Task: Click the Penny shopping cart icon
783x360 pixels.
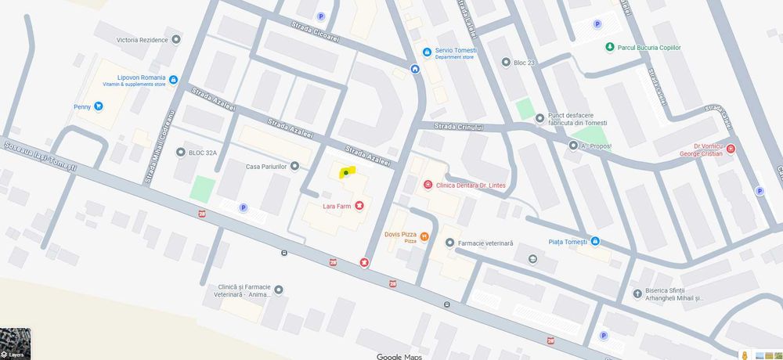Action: point(99,106)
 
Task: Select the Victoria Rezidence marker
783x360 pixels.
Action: point(176,39)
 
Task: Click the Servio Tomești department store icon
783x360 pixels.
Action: point(427,52)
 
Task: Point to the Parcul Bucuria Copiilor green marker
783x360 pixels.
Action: point(610,48)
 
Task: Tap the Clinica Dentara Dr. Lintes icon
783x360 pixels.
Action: point(428,185)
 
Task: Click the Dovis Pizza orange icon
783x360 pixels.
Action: point(424,236)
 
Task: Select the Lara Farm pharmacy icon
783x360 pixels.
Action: point(359,206)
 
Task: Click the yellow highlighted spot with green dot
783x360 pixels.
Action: point(346,172)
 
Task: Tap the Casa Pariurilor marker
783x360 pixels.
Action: point(294,166)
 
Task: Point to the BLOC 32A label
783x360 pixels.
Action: point(202,153)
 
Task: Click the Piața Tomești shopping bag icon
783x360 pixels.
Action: point(595,241)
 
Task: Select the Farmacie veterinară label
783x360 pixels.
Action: point(485,243)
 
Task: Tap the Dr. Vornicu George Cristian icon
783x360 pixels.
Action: point(731,149)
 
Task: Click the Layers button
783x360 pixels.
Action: point(15,344)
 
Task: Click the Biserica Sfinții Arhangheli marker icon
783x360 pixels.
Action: point(637,294)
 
